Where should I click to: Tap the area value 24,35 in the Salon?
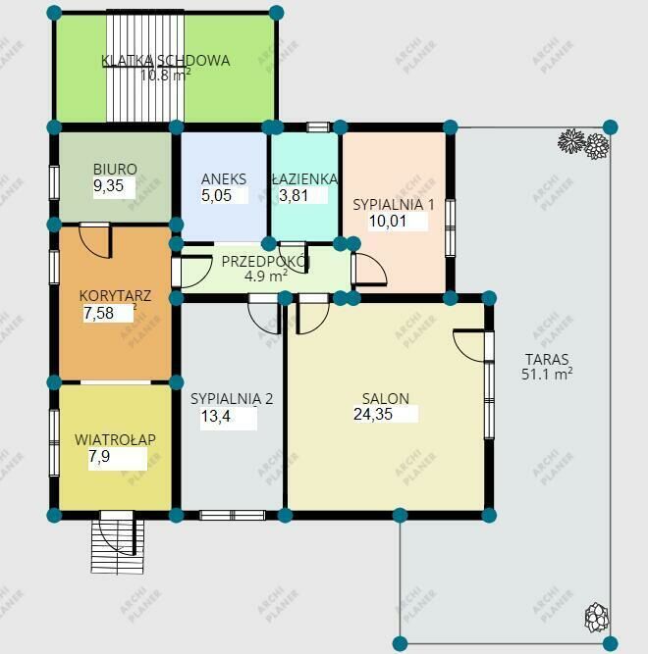(x=373, y=414)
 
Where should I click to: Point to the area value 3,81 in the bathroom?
(x=294, y=195)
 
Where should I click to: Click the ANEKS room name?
(x=224, y=178)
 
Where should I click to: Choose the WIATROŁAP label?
(x=115, y=439)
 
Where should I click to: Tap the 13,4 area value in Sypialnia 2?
(x=215, y=416)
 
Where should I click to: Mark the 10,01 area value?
(x=388, y=221)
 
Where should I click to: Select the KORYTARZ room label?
(x=115, y=296)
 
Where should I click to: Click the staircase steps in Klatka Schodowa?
(x=145, y=67)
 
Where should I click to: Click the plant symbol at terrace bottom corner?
(x=596, y=618)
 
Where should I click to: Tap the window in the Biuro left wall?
(x=54, y=182)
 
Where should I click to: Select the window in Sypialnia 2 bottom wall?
(x=232, y=515)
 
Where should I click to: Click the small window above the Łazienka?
(x=318, y=126)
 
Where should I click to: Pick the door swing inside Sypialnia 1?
(x=369, y=270)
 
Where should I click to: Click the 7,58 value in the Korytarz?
(x=98, y=313)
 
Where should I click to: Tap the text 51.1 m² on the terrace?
(x=547, y=374)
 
